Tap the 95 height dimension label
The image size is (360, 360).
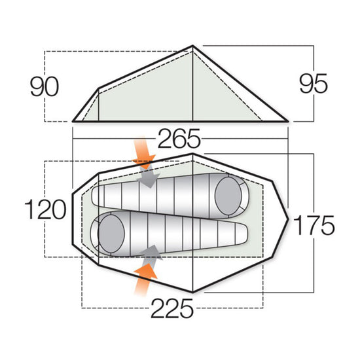coord(314,84)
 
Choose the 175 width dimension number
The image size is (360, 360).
coord(314,226)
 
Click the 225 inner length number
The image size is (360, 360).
coord(172,307)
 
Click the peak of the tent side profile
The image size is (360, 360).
coord(192,46)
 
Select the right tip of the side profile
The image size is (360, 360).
coord(287,120)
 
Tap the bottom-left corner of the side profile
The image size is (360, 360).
coord(73,121)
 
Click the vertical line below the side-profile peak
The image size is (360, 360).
coord(192,85)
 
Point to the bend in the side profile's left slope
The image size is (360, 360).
coord(98,88)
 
